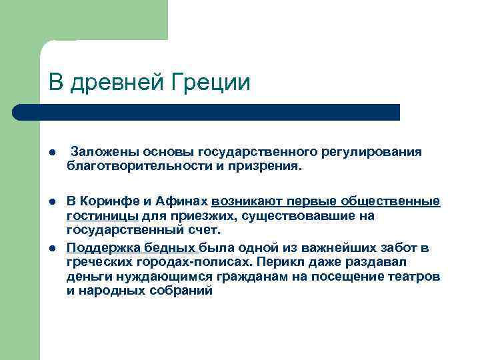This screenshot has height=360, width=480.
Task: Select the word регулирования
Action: tap(379, 152)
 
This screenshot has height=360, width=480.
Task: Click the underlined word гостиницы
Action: tap(102, 216)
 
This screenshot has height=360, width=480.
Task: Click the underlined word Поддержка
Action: tap(99, 248)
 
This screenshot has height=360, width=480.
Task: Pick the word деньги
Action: tap(88, 277)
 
